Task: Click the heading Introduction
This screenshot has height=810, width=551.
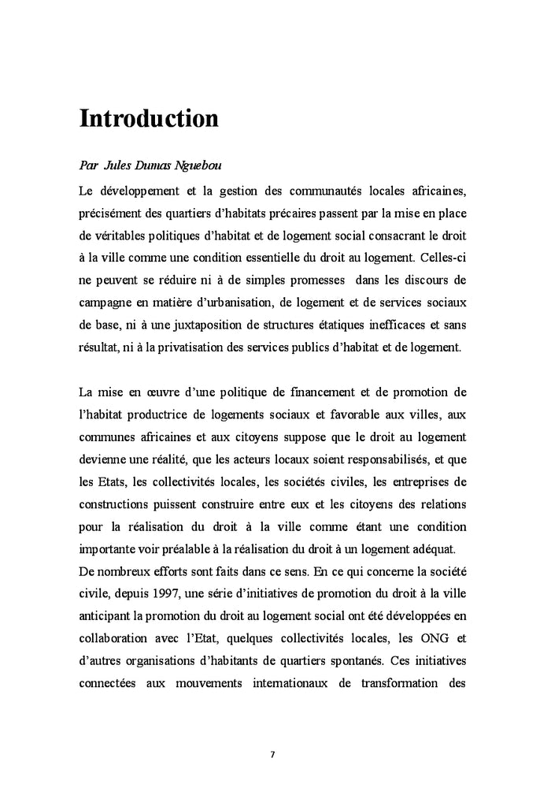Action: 149,118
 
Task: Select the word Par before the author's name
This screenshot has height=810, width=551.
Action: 88,166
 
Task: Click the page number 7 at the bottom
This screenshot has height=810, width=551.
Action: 272,754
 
